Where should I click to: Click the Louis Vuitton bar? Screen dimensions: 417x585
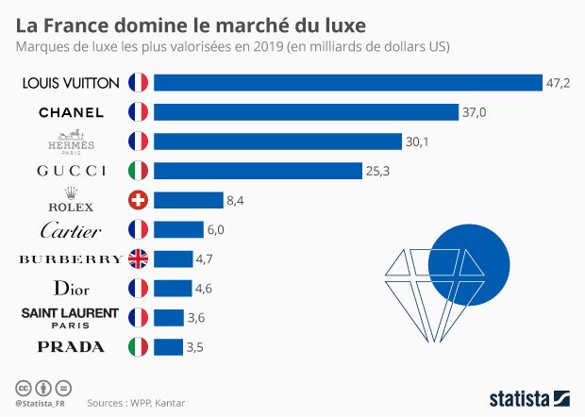click(x=347, y=83)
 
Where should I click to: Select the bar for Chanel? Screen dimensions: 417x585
click(x=306, y=112)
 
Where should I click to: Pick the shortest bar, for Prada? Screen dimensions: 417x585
click(x=168, y=346)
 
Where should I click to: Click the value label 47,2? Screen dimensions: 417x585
click(x=558, y=83)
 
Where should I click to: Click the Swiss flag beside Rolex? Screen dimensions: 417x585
click(x=139, y=200)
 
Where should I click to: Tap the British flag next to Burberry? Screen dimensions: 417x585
click(x=139, y=259)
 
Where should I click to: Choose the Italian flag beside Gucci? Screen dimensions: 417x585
click(x=139, y=171)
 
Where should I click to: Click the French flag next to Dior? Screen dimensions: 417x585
click(x=139, y=288)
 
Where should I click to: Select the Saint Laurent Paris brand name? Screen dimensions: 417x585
click(x=70, y=316)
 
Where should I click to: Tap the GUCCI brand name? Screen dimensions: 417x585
click(x=70, y=171)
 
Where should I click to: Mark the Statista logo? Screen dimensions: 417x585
click(x=528, y=397)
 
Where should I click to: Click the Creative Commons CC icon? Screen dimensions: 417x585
click(x=22, y=388)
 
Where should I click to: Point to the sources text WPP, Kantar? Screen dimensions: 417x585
click(x=136, y=403)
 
